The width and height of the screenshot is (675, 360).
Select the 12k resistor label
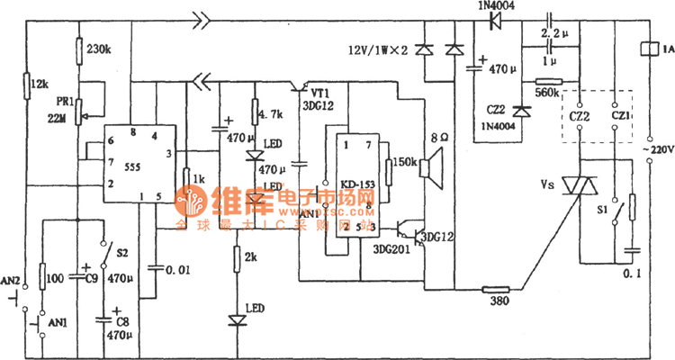pos(40,84)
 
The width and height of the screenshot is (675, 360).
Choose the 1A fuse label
pos(664,50)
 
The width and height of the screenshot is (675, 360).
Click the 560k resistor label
pos(546,91)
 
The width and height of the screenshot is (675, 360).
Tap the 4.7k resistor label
pos(272,114)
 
